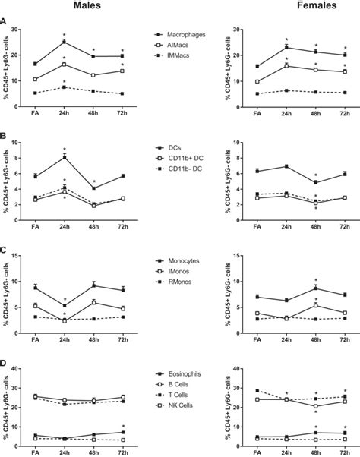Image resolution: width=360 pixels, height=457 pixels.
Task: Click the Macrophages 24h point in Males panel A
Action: (x=65, y=42)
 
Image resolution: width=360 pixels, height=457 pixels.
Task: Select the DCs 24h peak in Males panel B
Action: (x=65, y=156)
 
